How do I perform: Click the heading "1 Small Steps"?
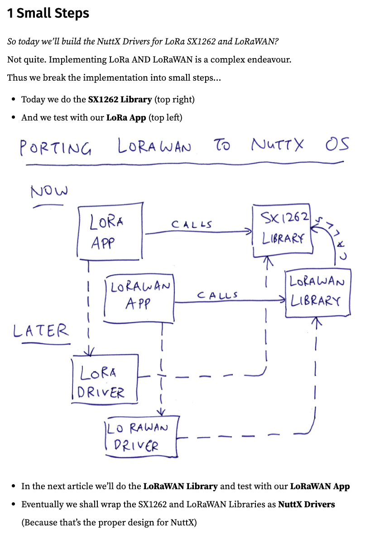tap(48, 14)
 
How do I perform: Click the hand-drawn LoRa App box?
tap(111, 232)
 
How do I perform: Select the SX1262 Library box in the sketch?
tap(283, 230)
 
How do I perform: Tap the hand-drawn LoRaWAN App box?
tap(139, 298)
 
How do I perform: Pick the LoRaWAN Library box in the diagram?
tap(317, 292)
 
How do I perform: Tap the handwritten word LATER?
tap(41, 331)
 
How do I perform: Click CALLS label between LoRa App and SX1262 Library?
tap(192, 224)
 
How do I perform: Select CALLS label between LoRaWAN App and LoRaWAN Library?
tap(217, 295)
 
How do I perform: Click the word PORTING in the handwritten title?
tap(56, 147)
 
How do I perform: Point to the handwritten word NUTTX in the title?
tap(277, 145)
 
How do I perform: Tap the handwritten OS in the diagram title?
tap(337, 144)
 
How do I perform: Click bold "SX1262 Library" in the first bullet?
tap(120, 99)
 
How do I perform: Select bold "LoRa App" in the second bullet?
tap(126, 118)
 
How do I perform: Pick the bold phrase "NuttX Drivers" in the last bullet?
tap(306, 504)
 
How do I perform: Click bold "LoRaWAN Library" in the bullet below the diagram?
tap(180, 486)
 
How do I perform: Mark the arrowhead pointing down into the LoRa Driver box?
tap(90, 351)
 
